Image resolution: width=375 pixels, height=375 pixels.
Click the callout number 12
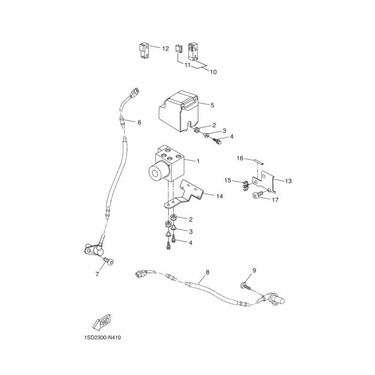click(x=165, y=49)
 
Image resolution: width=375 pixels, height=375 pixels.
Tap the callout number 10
click(x=213, y=72)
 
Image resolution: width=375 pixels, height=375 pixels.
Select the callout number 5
click(x=212, y=105)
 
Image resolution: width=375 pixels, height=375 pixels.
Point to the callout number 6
click(x=139, y=122)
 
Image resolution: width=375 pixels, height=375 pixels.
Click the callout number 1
click(x=198, y=161)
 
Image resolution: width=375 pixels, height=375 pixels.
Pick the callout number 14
click(x=219, y=196)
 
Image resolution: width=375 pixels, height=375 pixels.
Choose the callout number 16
click(x=240, y=158)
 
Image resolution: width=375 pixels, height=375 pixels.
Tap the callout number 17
click(x=275, y=200)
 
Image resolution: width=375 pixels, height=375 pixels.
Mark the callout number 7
click(x=97, y=274)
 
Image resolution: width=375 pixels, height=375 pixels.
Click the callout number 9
click(x=254, y=270)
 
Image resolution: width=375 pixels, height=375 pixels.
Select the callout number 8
click(x=207, y=272)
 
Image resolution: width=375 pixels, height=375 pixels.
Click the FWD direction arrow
click(x=101, y=321)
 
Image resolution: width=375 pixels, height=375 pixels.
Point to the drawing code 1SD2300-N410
click(x=103, y=337)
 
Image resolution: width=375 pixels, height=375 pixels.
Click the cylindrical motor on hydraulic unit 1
click(x=157, y=172)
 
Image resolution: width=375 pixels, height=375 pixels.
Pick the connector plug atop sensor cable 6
click(x=135, y=93)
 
